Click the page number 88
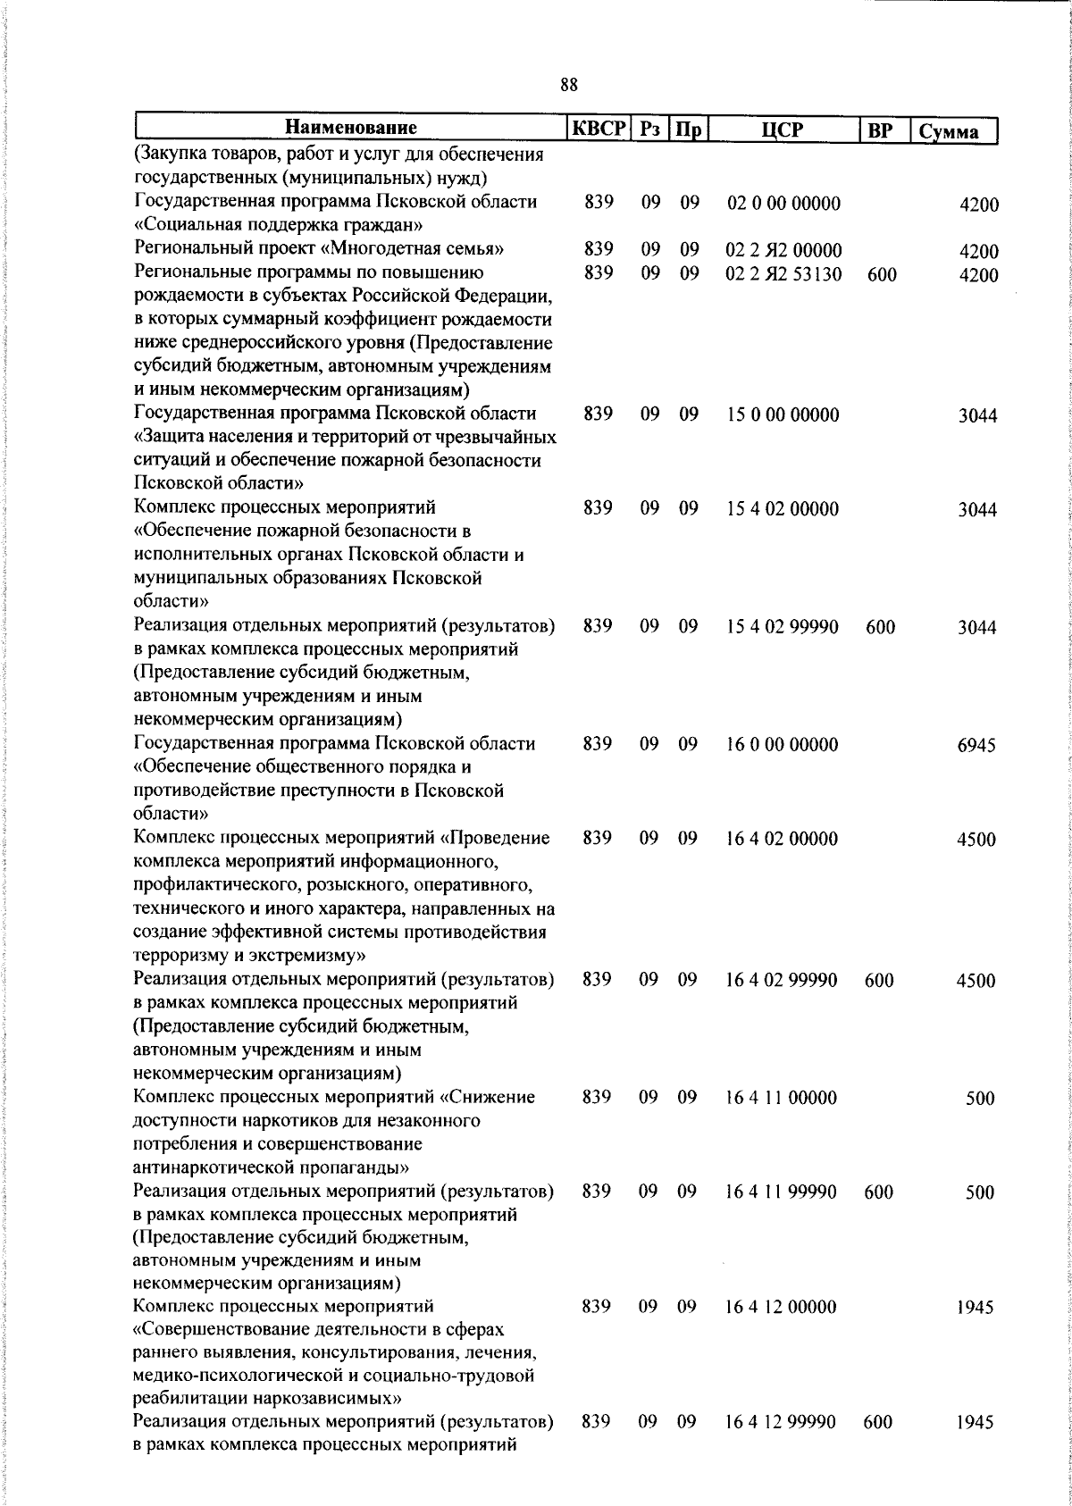point(569,85)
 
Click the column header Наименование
point(351,129)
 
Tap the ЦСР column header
point(783,130)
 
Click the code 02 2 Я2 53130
point(783,274)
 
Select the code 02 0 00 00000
point(783,204)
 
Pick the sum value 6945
point(976,745)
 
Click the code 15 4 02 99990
point(783,627)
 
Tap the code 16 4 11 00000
point(782,1097)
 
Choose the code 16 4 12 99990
point(782,1421)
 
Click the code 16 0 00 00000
point(782,744)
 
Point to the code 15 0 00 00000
point(783,414)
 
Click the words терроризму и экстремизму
point(248,956)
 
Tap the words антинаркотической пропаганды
point(271,1167)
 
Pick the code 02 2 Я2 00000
point(783,251)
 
